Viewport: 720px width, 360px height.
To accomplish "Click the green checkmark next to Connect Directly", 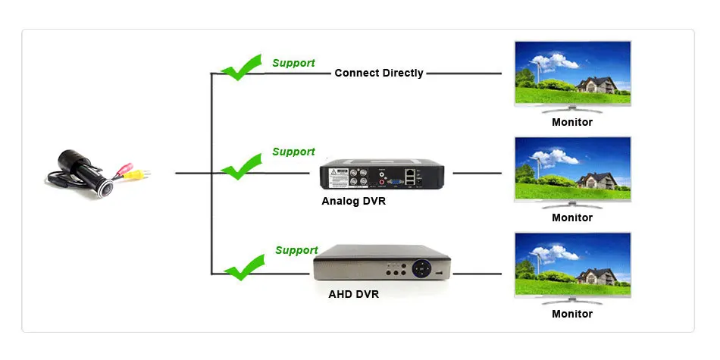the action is [x=241, y=67].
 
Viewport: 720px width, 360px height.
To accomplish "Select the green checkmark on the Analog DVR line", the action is [x=241, y=167].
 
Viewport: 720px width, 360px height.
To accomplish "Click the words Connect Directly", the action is [x=379, y=73].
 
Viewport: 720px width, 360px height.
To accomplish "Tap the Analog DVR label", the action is [x=354, y=201].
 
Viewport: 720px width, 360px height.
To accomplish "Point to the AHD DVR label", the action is [x=354, y=294].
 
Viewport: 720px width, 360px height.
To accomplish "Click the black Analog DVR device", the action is [x=381, y=174].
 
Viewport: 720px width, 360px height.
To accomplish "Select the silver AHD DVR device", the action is [x=382, y=262].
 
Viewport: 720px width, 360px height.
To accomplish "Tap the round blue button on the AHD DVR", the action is [x=421, y=268].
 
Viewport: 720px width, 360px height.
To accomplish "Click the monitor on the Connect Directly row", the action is [x=572, y=77].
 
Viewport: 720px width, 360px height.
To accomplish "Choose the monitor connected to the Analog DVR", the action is [x=572, y=173].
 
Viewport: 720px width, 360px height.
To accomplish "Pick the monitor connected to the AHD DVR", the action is [x=572, y=268].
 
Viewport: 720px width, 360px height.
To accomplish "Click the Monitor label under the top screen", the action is [x=572, y=122].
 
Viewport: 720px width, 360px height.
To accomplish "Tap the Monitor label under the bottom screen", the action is [x=572, y=314].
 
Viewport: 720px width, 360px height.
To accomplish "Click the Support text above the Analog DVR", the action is [x=293, y=152].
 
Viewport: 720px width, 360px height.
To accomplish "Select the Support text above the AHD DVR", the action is [x=296, y=250].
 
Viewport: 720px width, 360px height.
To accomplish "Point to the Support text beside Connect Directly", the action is [x=293, y=63].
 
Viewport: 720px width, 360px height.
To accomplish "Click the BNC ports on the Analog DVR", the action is [x=358, y=177].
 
